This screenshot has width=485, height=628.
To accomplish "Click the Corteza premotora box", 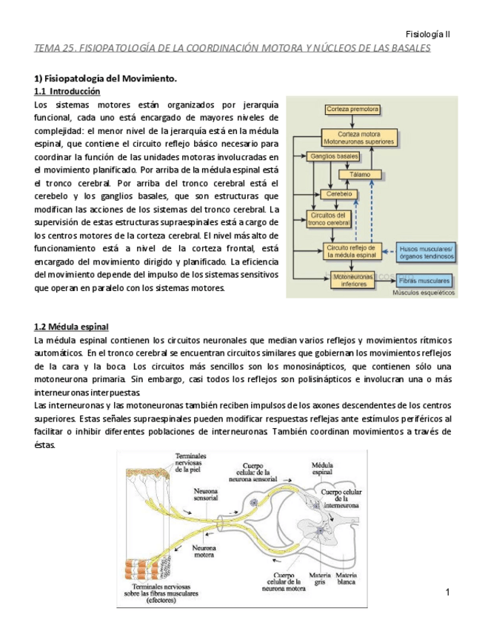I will pos(352,109).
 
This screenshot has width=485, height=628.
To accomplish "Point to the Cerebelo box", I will pos(337,194).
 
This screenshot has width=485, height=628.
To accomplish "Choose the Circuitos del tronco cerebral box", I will pos(328,218).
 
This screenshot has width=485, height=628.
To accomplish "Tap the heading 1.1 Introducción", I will pos(67,92).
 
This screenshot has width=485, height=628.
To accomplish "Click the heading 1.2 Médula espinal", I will pos(72,327).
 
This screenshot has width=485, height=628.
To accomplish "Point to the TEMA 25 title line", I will pos(233,48).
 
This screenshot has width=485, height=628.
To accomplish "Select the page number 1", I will pos(448,592).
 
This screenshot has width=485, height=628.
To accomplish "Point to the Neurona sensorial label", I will pos(205,494).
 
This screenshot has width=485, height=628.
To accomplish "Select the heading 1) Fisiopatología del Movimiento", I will pos(106,78).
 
